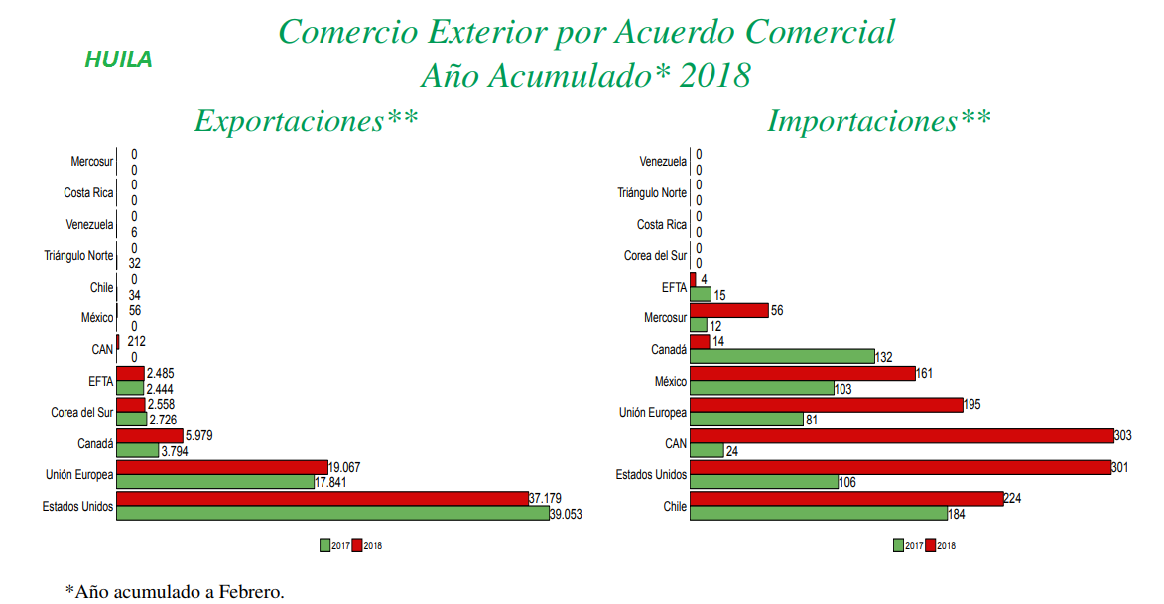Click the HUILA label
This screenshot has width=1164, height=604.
click(x=118, y=60)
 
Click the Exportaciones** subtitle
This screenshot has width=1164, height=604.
click(x=306, y=121)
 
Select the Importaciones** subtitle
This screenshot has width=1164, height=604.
click(x=878, y=121)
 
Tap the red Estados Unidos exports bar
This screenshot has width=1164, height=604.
click(x=323, y=498)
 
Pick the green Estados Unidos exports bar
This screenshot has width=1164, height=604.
click(x=332, y=513)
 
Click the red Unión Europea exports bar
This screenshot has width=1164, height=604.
click(x=222, y=466)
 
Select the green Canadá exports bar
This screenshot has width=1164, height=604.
click(x=138, y=450)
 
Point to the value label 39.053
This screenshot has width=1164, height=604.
click(x=566, y=514)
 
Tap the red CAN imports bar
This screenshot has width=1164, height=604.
click(x=902, y=435)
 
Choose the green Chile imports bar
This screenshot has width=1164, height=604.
click(x=819, y=514)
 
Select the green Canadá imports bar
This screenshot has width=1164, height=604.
click(x=782, y=356)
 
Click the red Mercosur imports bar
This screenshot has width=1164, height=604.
click(x=729, y=310)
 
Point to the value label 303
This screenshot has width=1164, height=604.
click(x=1123, y=435)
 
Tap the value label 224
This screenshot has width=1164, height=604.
click(x=1013, y=498)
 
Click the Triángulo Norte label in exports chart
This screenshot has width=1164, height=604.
click(x=78, y=256)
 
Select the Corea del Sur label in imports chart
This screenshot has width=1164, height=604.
click(x=655, y=256)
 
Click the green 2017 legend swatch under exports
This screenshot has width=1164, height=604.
click(x=324, y=544)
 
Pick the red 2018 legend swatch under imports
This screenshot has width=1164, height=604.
click(x=930, y=544)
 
